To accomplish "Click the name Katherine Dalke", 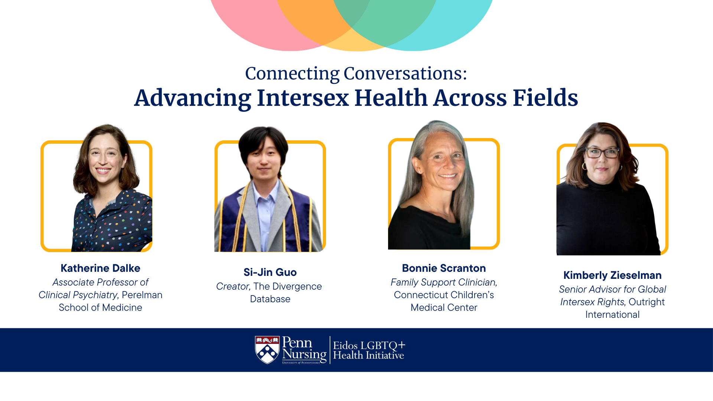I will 100,268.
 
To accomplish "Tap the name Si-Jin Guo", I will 270,272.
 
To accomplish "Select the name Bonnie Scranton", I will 444,268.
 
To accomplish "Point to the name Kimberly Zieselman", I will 612,275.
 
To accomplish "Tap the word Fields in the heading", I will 546,98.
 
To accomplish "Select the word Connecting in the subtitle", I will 292,73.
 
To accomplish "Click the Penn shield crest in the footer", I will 267,350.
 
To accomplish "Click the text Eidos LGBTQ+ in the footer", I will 369,345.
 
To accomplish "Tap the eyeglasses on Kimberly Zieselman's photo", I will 602,153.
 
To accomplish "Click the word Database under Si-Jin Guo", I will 270,299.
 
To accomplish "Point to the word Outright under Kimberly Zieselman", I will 647,302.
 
